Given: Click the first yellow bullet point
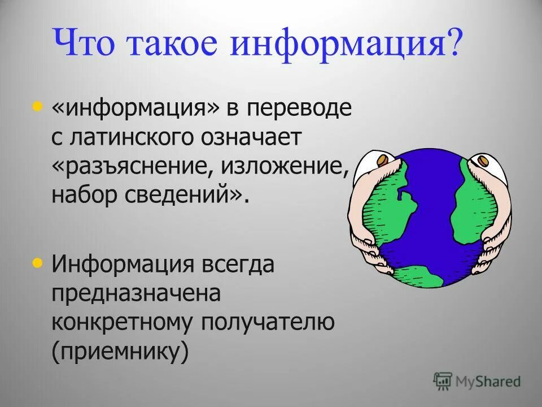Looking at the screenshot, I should pyautogui.click(x=38, y=106).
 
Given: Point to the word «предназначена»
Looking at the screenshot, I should pyautogui.click(x=135, y=294).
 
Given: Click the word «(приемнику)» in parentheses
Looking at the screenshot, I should pyautogui.click(x=120, y=352).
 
